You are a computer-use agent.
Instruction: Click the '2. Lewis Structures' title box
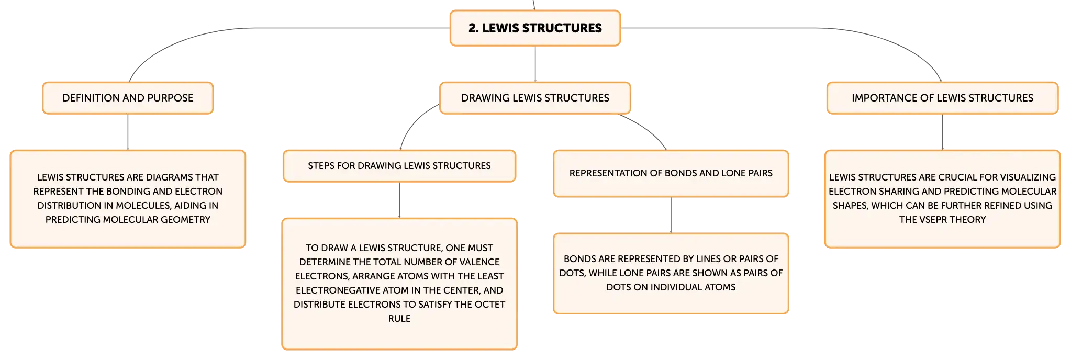pyautogui.click(x=535, y=28)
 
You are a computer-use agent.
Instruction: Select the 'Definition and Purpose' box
pyautogui.click(x=128, y=98)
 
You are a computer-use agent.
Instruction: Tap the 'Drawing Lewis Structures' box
pyautogui.click(x=535, y=98)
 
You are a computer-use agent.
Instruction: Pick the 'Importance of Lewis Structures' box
pyautogui.click(x=942, y=98)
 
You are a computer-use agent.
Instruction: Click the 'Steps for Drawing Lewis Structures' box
pyautogui.click(x=399, y=166)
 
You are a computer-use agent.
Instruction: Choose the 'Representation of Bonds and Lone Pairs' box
pyautogui.click(x=671, y=173)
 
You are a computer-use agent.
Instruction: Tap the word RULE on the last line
pyautogui.click(x=399, y=319)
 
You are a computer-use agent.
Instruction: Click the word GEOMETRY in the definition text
pyautogui.click(x=186, y=220)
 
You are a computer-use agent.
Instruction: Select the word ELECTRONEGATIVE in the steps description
pyautogui.click(x=338, y=290)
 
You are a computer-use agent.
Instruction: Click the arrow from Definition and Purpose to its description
pyautogui.click(x=128, y=132)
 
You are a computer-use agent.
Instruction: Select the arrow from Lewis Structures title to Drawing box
pyautogui.click(x=535, y=64)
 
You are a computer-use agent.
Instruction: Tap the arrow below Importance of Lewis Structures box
pyautogui.click(x=942, y=132)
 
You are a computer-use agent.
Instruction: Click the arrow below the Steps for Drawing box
pyautogui.click(x=399, y=200)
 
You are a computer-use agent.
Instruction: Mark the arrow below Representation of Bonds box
pyautogui.click(x=671, y=215)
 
